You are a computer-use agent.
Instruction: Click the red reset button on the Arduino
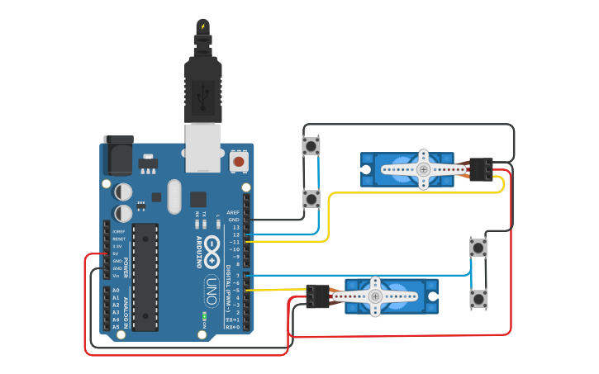coord(239,160)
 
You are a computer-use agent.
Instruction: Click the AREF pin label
coord(233,212)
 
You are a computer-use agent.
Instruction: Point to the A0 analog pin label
coord(116,291)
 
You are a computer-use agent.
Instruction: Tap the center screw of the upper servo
coord(423,169)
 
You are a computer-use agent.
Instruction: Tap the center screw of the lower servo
coord(375,296)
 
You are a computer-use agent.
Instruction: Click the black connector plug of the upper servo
coord(481,168)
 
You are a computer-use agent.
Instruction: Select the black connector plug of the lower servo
coord(317,296)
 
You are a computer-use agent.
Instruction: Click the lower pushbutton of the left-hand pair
coord(311,198)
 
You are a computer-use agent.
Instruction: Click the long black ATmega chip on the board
coord(145,276)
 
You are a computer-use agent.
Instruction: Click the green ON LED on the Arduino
coord(203,315)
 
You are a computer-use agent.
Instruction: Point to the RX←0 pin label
coord(232,328)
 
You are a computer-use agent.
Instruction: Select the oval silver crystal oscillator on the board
coord(174,196)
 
